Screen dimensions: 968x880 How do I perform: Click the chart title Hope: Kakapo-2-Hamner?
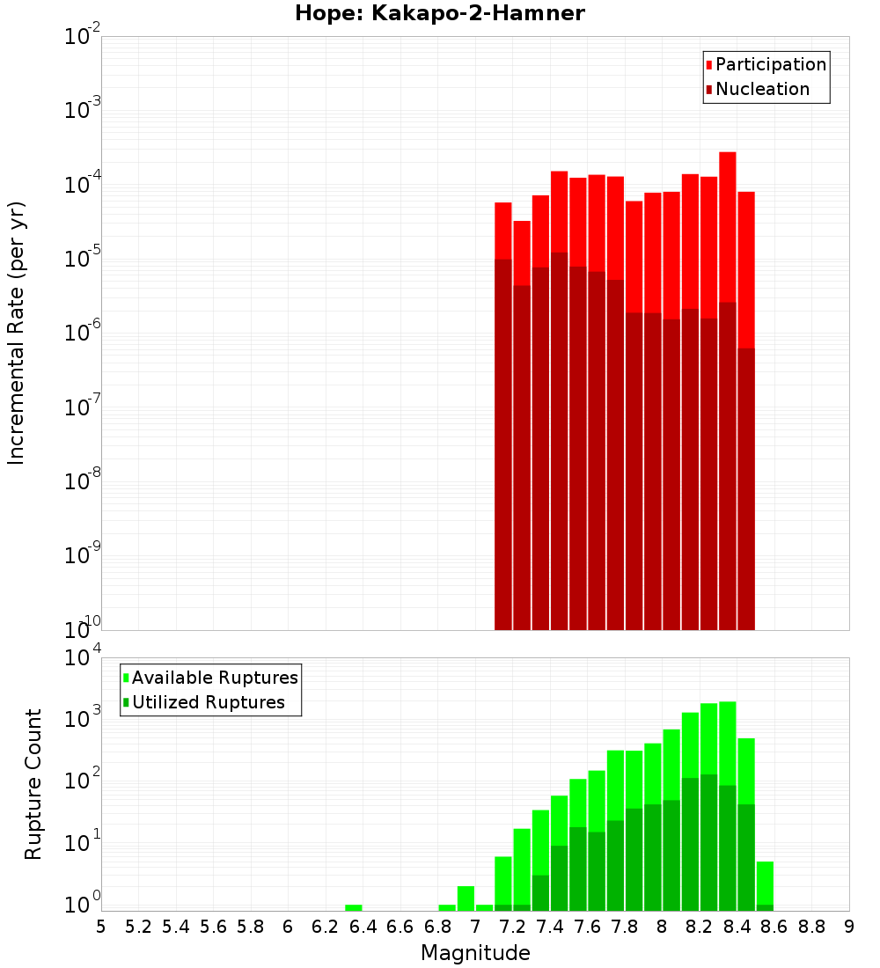(x=439, y=14)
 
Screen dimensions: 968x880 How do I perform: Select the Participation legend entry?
(x=770, y=65)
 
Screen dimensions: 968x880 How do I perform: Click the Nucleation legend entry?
(x=761, y=90)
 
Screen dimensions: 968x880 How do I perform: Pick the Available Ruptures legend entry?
(x=214, y=678)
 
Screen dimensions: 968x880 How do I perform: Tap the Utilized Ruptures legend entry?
(x=208, y=702)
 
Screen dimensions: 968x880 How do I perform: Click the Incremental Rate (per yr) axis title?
(x=17, y=333)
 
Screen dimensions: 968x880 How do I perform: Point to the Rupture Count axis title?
(x=33, y=783)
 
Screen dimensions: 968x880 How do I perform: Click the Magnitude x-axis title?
(x=475, y=953)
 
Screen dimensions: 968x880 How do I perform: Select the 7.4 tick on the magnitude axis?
(x=550, y=927)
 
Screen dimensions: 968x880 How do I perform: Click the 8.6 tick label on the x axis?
(x=774, y=927)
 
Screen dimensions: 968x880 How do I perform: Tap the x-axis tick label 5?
(x=101, y=927)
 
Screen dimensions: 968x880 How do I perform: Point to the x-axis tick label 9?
(x=849, y=927)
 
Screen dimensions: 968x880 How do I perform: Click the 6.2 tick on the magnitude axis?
(x=326, y=927)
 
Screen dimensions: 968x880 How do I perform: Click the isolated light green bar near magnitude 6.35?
(x=354, y=907)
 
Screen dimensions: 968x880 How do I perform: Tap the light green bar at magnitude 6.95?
(x=466, y=898)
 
